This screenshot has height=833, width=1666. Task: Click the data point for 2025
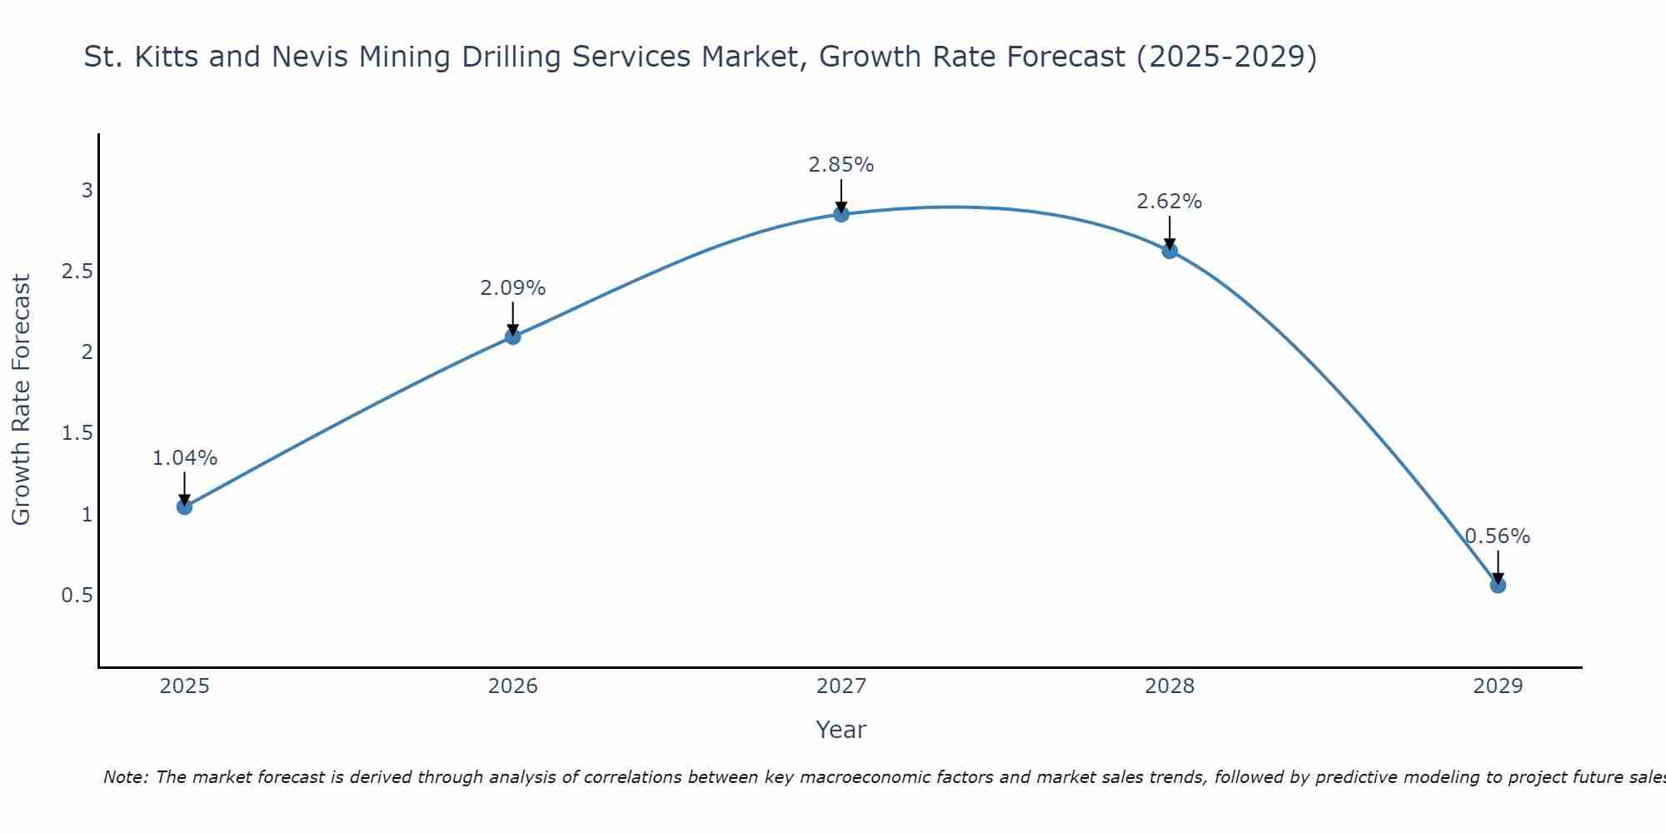(185, 506)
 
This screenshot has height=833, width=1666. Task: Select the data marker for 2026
(513, 337)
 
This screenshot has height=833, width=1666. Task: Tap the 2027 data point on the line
(841, 214)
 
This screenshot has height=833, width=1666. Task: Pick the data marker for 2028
(1170, 251)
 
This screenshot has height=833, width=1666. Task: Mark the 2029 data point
(1498, 585)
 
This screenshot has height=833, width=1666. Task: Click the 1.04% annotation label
(185, 458)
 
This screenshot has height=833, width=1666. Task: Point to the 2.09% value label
(513, 288)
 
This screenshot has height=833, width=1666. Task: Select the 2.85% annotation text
(841, 165)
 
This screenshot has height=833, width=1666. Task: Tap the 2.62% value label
(1170, 202)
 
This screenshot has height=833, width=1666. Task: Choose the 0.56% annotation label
(1498, 536)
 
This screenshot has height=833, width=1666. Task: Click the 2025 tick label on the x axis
(185, 686)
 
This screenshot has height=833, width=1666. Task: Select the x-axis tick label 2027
(841, 686)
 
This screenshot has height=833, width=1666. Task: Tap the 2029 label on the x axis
(1498, 686)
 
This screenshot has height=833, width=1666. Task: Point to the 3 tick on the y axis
(87, 191)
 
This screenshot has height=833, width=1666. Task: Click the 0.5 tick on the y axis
(77, 596)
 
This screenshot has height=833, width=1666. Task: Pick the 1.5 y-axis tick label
(77, 433)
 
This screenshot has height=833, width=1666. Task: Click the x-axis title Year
(841, 730)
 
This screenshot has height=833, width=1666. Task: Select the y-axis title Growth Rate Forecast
(21, 400)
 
